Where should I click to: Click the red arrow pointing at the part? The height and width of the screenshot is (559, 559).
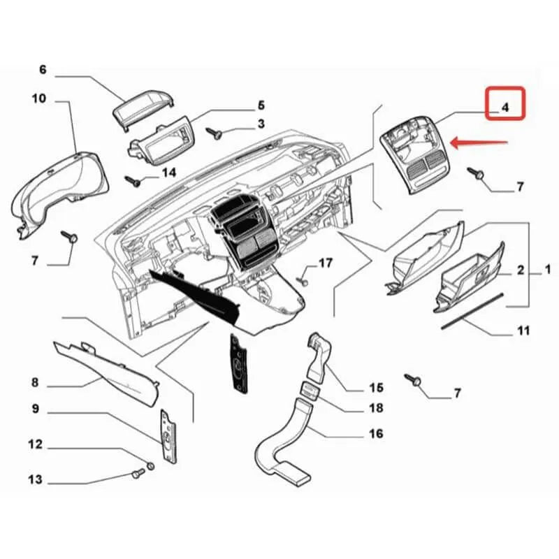(479, 143)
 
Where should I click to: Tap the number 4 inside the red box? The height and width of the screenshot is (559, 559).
(505, 107)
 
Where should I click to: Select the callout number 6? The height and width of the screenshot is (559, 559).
(43, 69)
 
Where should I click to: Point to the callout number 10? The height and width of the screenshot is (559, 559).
(38, 99)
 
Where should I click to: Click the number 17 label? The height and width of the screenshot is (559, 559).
(326, 263)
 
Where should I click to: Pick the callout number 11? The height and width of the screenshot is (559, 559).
(523, 331)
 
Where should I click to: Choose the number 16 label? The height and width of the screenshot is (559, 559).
(376, 434)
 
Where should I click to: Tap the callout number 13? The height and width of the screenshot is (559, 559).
(35, 480)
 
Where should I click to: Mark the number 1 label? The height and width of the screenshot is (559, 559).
(548, 268)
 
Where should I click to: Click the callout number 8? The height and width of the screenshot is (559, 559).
(35, 383)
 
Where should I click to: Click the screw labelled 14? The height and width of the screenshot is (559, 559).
(133, 180)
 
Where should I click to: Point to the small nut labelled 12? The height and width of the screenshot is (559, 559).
(150, 466)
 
